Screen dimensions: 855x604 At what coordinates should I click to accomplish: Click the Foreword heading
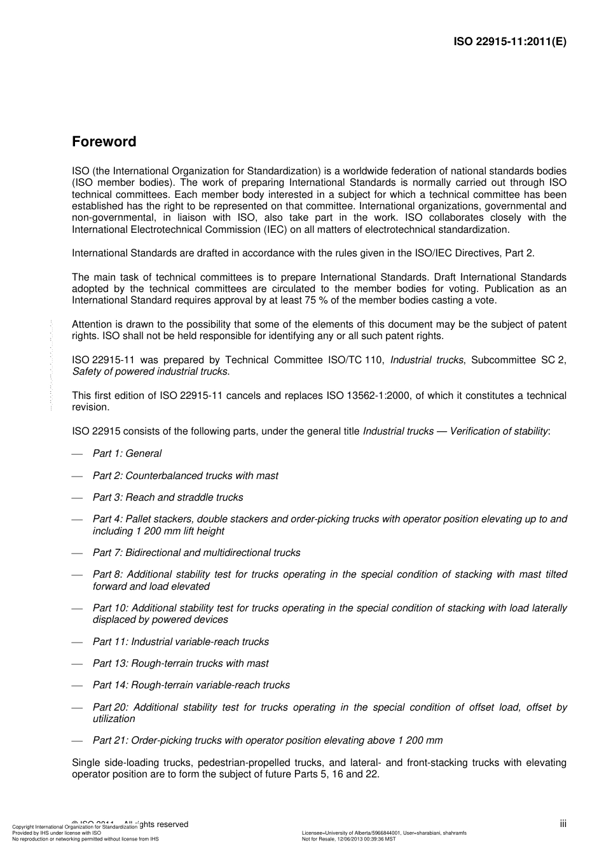pos(104,141)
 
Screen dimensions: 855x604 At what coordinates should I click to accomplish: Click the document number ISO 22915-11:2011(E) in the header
pos(510,42)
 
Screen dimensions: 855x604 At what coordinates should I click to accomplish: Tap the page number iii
pos(563,824)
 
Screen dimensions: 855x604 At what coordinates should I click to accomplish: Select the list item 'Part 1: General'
pos(127,454)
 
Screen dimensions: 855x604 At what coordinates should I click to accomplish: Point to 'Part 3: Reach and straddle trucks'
pos(168,497)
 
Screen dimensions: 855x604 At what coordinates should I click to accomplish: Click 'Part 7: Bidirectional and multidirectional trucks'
pos(196,553)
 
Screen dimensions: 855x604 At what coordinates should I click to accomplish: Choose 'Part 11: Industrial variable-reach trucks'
pos(181,642)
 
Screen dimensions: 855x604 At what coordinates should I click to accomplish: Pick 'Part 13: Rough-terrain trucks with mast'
pos(181,664)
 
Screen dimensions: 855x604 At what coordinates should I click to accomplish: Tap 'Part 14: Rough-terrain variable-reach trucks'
pos(191,685)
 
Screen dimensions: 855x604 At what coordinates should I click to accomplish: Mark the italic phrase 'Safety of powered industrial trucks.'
pos(151,372)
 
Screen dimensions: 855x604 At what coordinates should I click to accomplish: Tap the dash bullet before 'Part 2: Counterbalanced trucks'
pos(78,476)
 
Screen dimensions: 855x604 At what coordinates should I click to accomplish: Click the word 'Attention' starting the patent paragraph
pos(92,324)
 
